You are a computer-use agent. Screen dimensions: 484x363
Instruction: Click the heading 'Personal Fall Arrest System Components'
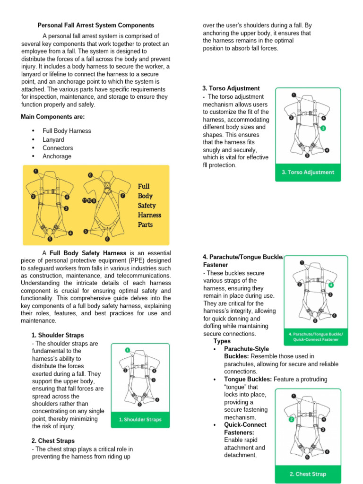pyautogui.click(x=95, y=25)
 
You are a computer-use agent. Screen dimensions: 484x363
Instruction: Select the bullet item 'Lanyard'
pyautogui.click(x=53, y=139)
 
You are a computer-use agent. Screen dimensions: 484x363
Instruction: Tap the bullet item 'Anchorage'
pyautogui.click(x=57, y=156)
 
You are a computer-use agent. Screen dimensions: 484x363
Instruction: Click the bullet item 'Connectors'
pyautogui.click(x=57, y=148)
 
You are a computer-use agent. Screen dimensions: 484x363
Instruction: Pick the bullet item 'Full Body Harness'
pyautogui.click(x=67, y=131)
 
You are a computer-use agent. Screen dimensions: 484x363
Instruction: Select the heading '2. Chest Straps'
pyautogui.click(x=53, y=441)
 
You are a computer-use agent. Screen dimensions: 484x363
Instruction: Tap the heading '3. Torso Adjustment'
pyautogui.click(x=231, y=88)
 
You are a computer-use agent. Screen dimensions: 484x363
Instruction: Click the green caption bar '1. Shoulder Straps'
pyautogui.click(x=140, y=419)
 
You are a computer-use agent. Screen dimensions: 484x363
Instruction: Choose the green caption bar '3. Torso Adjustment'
pyautogui.click(x=308, y=173)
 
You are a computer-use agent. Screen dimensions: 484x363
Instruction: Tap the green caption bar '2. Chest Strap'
pyautogui.click(x=308, y=474)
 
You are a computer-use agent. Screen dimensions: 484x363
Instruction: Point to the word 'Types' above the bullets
pyautogui.click(x=222, y=341)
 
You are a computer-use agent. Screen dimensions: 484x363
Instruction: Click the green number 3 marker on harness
pyautogui.click(x=323, y=128)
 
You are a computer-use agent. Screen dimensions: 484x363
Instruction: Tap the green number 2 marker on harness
pyautogui.click(x=292, y=419)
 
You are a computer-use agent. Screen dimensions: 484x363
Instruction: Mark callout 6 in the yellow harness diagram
pyautogui.click(x=90, y=175)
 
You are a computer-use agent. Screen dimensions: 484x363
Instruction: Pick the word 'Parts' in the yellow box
pyautogui.click(x=145, y=225)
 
